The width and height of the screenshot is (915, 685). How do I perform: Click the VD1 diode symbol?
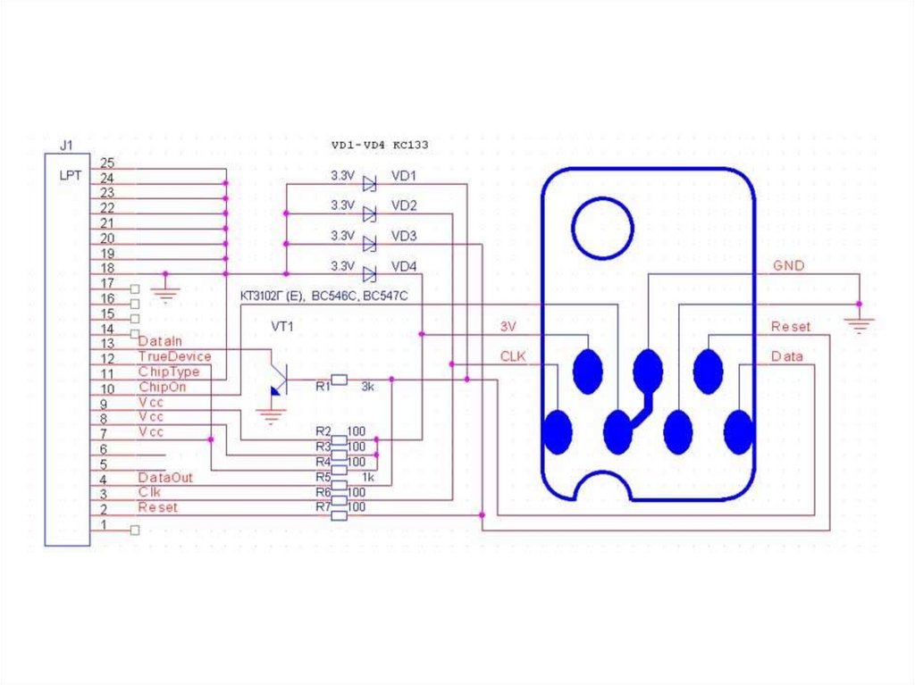(x=369, y=184)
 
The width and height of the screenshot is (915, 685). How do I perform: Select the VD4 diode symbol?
(x=369, y=274)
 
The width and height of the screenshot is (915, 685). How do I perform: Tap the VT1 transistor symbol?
(x=280, y=380)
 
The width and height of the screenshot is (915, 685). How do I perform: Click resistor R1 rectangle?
(x=339, y=380)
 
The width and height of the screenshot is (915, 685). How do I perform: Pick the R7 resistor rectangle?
(x=339, y=515)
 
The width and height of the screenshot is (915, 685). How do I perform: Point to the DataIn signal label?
(x=160, y=341)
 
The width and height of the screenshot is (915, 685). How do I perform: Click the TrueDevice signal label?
(x=174, y=356)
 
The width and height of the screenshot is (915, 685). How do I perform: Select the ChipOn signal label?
(x=163, y=387)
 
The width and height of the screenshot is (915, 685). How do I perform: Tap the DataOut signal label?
(x=165, y=477)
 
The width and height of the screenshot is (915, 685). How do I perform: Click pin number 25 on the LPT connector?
(x=107, y=163)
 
